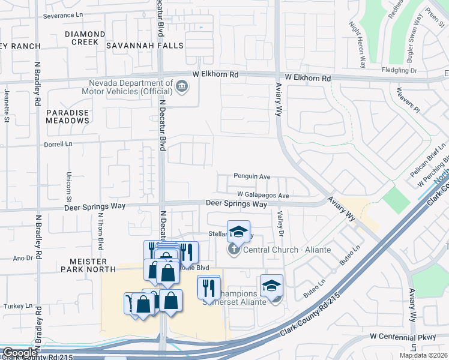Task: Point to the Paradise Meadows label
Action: pos(68,116)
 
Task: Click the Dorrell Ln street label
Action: pos(58,145)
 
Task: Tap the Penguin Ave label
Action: pos(252,177)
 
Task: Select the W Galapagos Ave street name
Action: pos(263,196)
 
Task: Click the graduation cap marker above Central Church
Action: pos(238,231)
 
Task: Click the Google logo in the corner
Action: pos(20,353)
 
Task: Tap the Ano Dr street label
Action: pos(23,259)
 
